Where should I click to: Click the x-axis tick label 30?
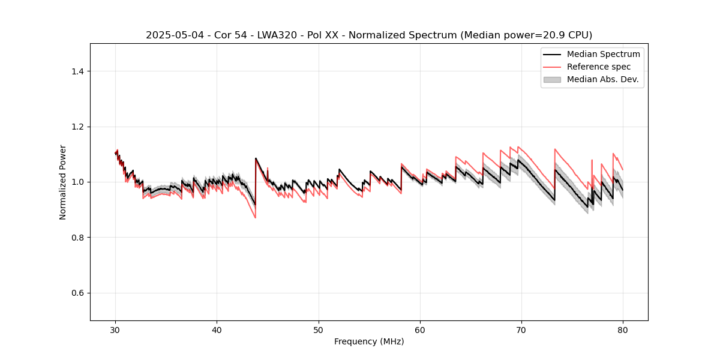point(115,330)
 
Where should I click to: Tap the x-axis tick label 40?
point(217,330)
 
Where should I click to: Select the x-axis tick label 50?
point(319,330)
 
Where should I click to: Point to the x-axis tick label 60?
point(420,330)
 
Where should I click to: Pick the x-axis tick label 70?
point(521,330)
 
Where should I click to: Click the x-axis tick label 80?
point(623,330)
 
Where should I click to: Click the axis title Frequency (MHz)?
point(369,341)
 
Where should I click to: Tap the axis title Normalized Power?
point(63,182)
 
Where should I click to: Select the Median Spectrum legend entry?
point(603,54)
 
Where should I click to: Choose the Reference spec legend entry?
point(599,67)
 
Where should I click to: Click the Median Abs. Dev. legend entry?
point(602,79)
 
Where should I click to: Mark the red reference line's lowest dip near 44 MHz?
point(255,217)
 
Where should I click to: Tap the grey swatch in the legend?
point(551,79)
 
